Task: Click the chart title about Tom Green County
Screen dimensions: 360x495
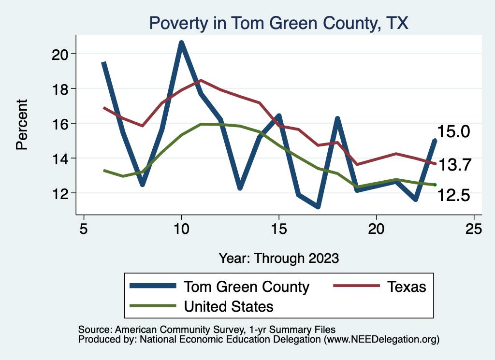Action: [279, 23]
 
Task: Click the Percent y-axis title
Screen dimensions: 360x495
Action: [22, 124]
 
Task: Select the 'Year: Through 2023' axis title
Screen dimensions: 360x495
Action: [279, 258]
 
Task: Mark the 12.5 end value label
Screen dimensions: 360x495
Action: [453, 195]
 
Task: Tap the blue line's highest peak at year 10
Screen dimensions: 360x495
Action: [182, 43]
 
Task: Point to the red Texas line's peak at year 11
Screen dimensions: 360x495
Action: [201, 80]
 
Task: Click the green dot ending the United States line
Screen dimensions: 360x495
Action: [435, 185]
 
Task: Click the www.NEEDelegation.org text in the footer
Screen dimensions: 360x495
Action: [382, 340]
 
